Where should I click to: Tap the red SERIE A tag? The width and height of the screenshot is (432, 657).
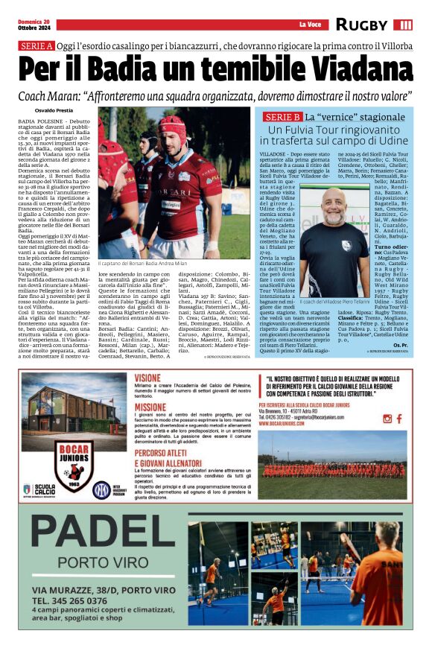point(36,46)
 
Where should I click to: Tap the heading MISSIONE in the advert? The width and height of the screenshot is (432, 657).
point(150,407)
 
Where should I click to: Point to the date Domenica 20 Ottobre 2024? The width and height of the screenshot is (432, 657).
point(36,25)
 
